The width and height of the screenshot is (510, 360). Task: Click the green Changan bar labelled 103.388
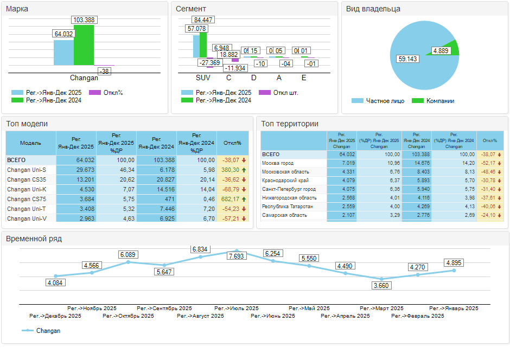(x=84, y=46)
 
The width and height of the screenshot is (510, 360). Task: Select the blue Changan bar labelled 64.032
(x=63, y=53)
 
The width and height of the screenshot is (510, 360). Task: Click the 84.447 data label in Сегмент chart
(x=203, y=20)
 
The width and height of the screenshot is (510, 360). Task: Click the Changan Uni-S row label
(x=27, y=170)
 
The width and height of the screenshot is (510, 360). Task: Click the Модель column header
(x=30, y=143)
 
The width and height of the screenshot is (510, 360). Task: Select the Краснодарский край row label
(x=285, y=181)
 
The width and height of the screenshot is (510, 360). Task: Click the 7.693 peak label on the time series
(x=237, y=256)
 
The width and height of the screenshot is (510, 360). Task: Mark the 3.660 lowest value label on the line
(x=381, y=286)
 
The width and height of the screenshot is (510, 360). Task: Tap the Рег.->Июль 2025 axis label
(x=237, y=308)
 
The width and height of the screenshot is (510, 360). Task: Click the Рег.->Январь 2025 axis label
(x=454, y=308)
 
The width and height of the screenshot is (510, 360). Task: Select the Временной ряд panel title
(x=34, y=239)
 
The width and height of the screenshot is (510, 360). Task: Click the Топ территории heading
(x=290, y=124)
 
